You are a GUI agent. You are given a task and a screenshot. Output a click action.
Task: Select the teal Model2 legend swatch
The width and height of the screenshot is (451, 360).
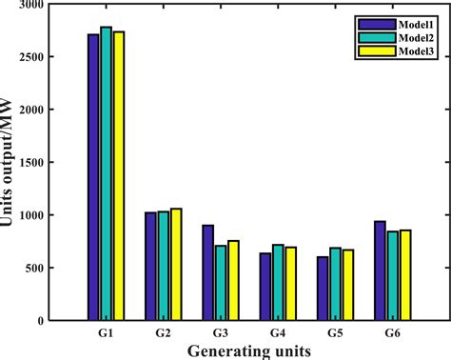368,35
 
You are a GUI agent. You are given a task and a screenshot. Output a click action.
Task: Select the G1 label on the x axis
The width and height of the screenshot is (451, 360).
107,333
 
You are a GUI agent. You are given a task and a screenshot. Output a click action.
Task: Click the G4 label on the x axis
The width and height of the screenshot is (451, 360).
278,333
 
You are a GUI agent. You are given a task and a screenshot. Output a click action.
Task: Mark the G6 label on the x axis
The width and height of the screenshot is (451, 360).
392,333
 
